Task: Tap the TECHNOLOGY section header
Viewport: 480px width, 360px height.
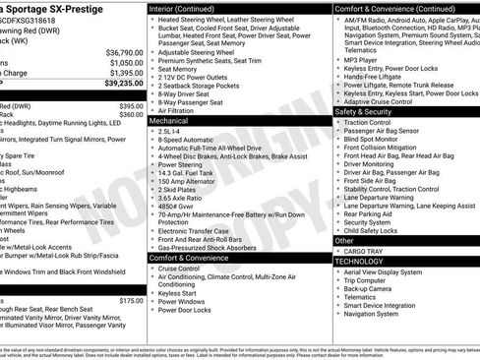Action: [359, 262]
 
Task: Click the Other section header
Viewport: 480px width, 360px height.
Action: [345, 240]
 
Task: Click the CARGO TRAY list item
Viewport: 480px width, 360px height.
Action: [363, 251]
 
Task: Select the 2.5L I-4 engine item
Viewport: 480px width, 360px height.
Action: [172, 131]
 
